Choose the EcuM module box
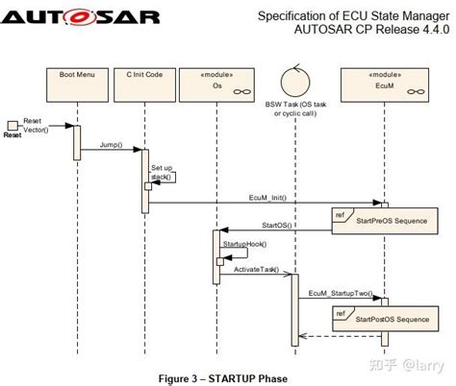click(383, 81)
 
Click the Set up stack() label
click(162, 173)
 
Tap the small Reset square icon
click(12, 125)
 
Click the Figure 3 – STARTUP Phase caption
click(222, 377)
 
